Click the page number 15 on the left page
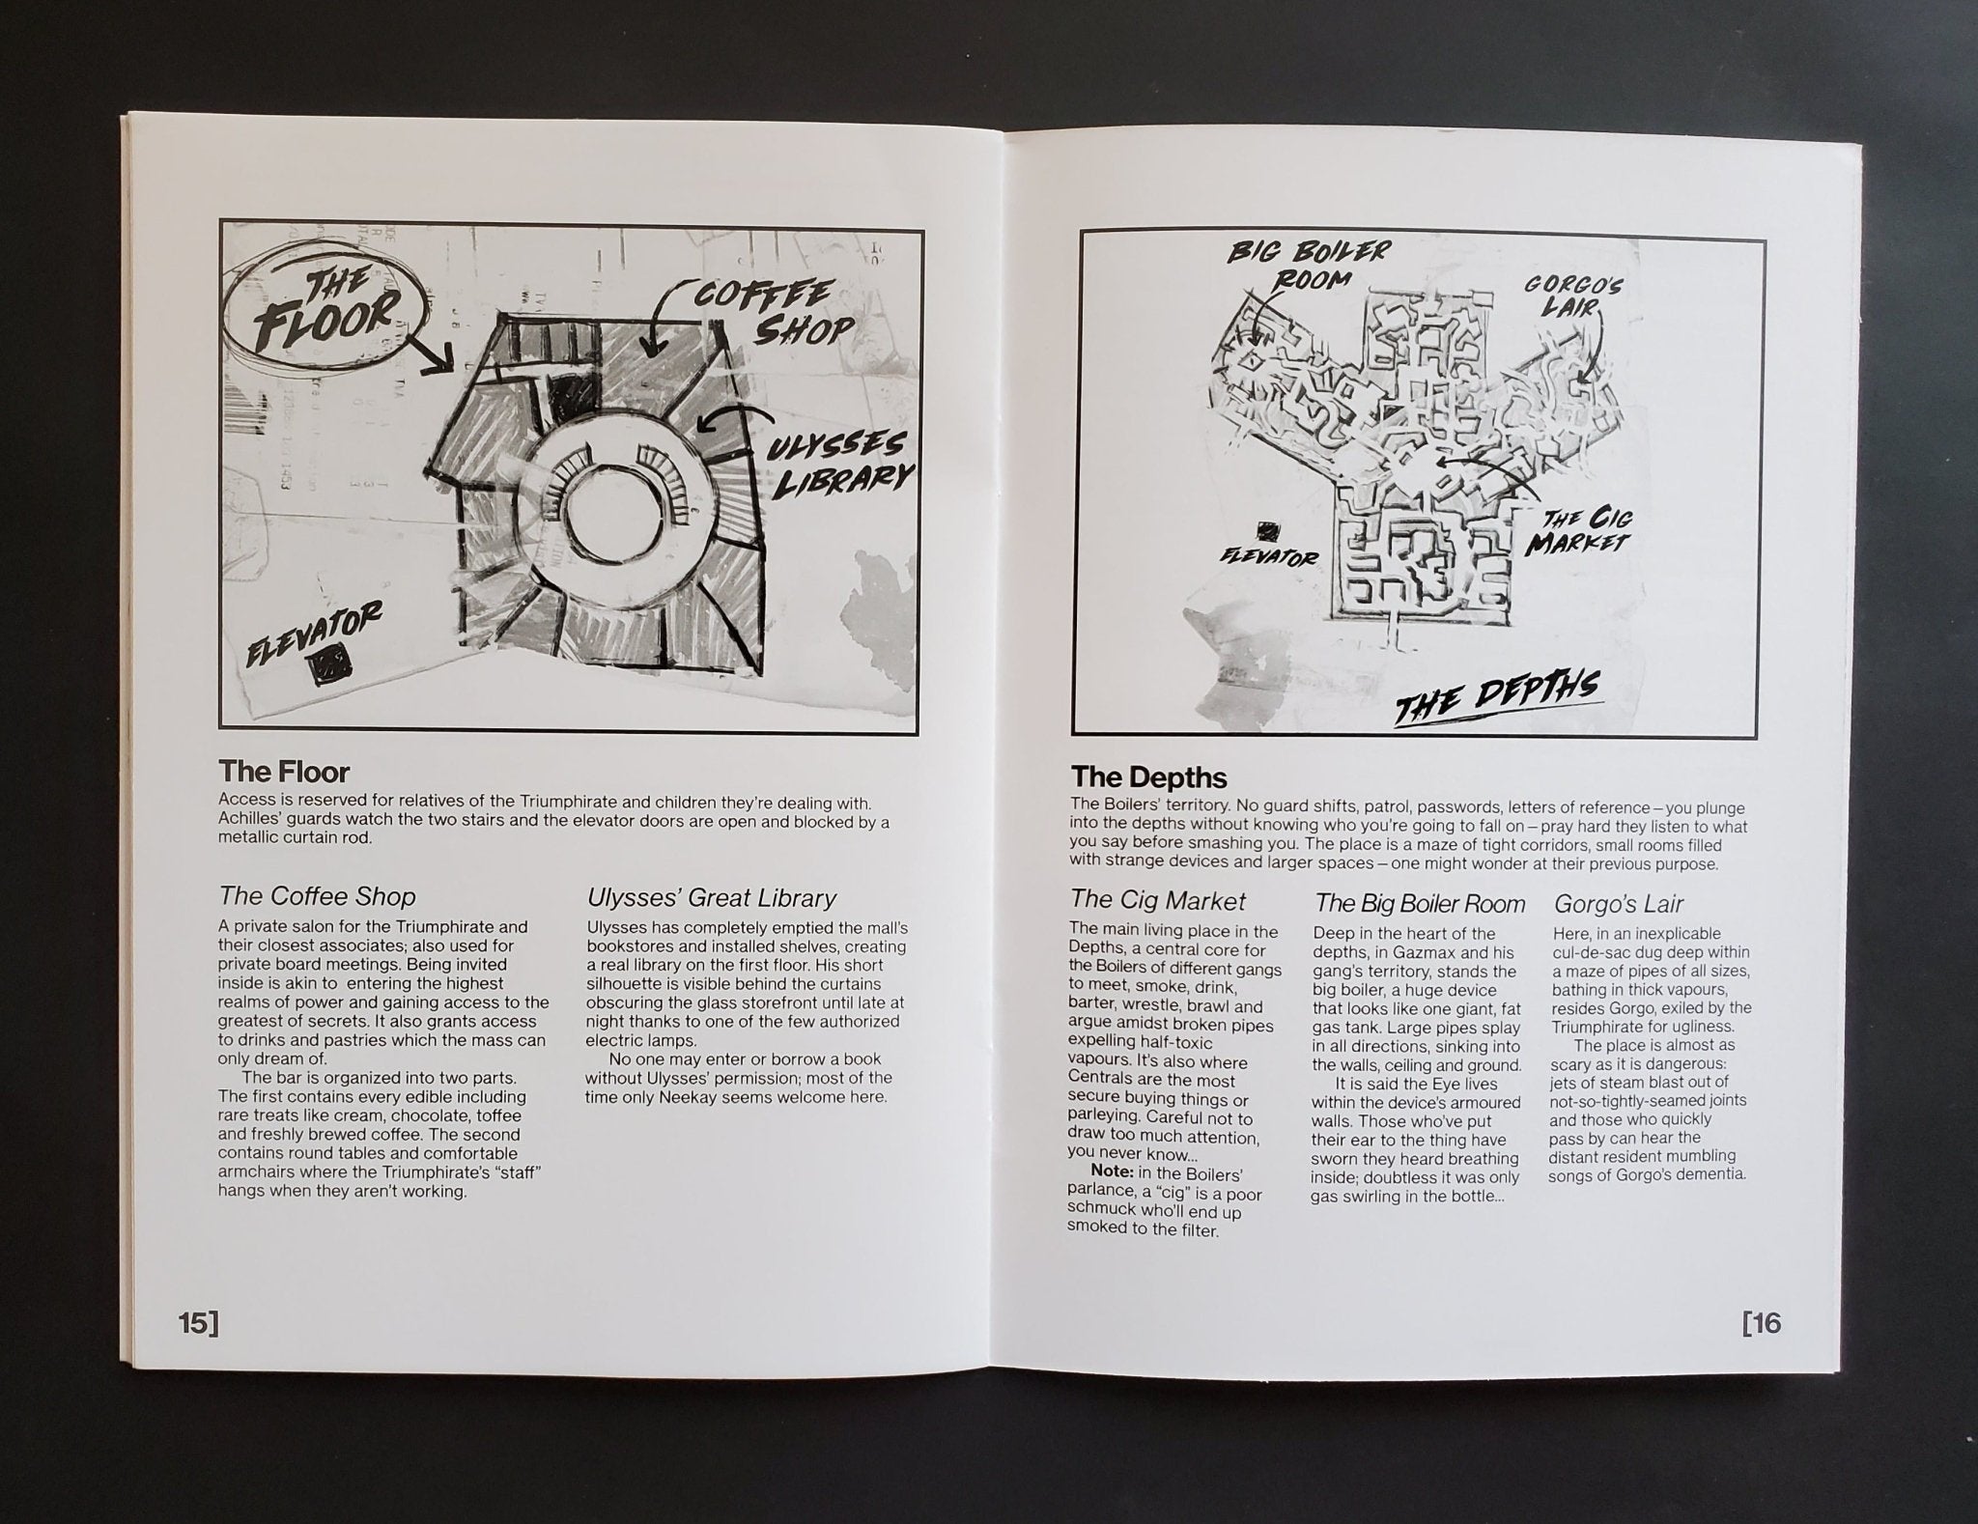pos(198,1323)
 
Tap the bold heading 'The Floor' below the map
pos(284,772)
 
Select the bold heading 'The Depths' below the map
pos(1148,777)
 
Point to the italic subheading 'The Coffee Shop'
pos(318,896)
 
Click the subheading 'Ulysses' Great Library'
pos(711,898)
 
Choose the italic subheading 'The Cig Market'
pos(1158,900)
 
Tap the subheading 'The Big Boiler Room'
pos(1420,904)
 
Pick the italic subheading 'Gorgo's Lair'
pos(1619,904)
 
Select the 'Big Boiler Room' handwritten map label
pos(1307,265)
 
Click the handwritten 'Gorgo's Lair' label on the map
pos(1573,296)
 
